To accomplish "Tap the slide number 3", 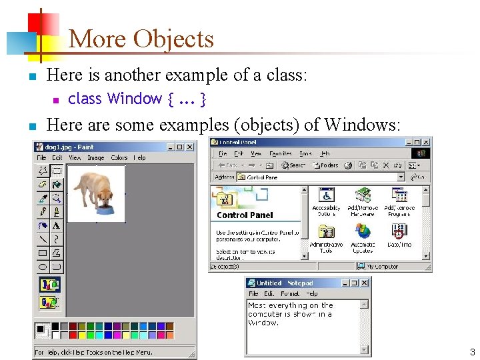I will (472, 352).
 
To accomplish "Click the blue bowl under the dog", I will (106, 212).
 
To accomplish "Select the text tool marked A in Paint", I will (57, 225).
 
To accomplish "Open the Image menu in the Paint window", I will (96, 158).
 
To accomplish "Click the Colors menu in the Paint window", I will (119, 158).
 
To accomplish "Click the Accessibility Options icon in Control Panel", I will (326, 196).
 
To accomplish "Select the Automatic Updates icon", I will (363, 232).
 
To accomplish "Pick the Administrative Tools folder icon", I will (326, 232).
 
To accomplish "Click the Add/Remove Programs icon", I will (399, 196).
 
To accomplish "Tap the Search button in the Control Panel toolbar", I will (293, 165).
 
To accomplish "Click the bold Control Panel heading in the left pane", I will (245, 215).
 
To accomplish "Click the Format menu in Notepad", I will (290, 293).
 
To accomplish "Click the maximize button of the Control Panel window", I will (417, 142).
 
